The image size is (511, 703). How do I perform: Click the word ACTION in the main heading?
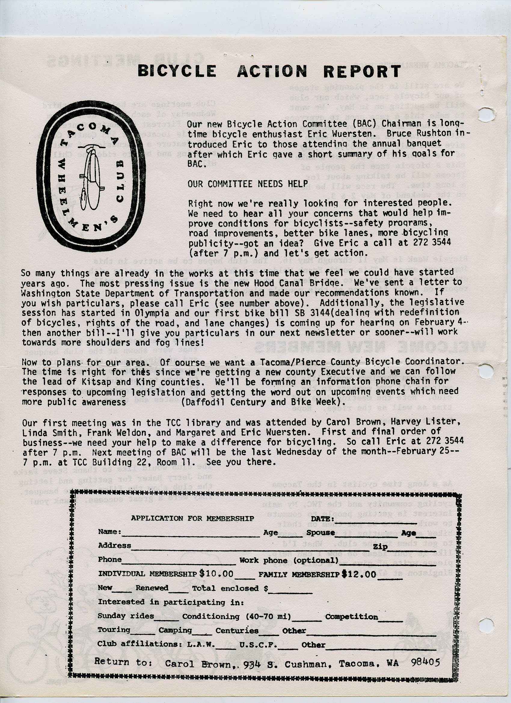coord(272,71)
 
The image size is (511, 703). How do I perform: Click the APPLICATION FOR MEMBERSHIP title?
coord(192,518)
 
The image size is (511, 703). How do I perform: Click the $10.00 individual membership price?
coord(216,574)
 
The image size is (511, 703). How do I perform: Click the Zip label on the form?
coord(381,547)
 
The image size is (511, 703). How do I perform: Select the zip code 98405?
coord(425,663)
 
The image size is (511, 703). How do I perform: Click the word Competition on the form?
coord(352,617)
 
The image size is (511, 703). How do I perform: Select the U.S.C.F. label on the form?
coord(258,645)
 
